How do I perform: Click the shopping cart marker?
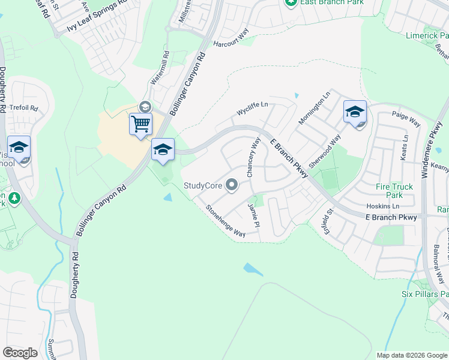pyautogui.click(x=140, y=125)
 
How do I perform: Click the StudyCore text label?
pyautogui.click(x=203, y=186)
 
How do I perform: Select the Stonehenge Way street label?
pyautogui.click(x=226, y=220)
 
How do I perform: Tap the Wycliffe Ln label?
pyautogui.click(x=252, y=109)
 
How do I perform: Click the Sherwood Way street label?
pyautogui.click(x=324, y=149)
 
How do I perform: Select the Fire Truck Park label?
pyautogui.click(x=394, y=191)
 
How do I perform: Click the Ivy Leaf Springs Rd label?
pyautogui.click(x=97, y=16)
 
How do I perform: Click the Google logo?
pyautogui.click(x=20, y=353)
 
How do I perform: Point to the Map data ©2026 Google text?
pyautogui.click(x=412, y=355)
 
